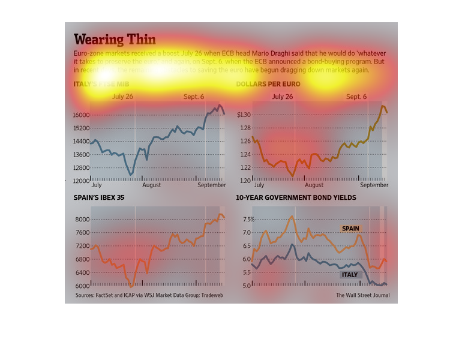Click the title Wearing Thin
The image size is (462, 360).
(x=115, y=40)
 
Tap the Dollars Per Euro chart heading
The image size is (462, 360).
(x=268, y=84)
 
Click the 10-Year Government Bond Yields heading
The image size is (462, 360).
(x=296, y=197)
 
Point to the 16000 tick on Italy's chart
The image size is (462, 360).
(x=81, y=115)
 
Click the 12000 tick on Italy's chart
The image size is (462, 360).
(x=81, y=181)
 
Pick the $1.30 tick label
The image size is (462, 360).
(x=244, y=115)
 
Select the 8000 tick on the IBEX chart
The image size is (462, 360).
(x=83, y=220)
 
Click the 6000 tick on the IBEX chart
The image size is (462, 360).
(x=83, y=286)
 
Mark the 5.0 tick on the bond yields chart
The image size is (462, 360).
(x=247, y=286)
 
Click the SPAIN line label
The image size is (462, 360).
(x=350, y=229)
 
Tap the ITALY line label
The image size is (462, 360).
(x=350, y=275)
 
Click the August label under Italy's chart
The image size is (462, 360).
(x=151, y=185)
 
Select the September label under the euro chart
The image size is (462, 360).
(x=374, y=185)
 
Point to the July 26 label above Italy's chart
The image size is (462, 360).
(x=122, y=97)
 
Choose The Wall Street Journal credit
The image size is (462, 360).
(x=362, y=295)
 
